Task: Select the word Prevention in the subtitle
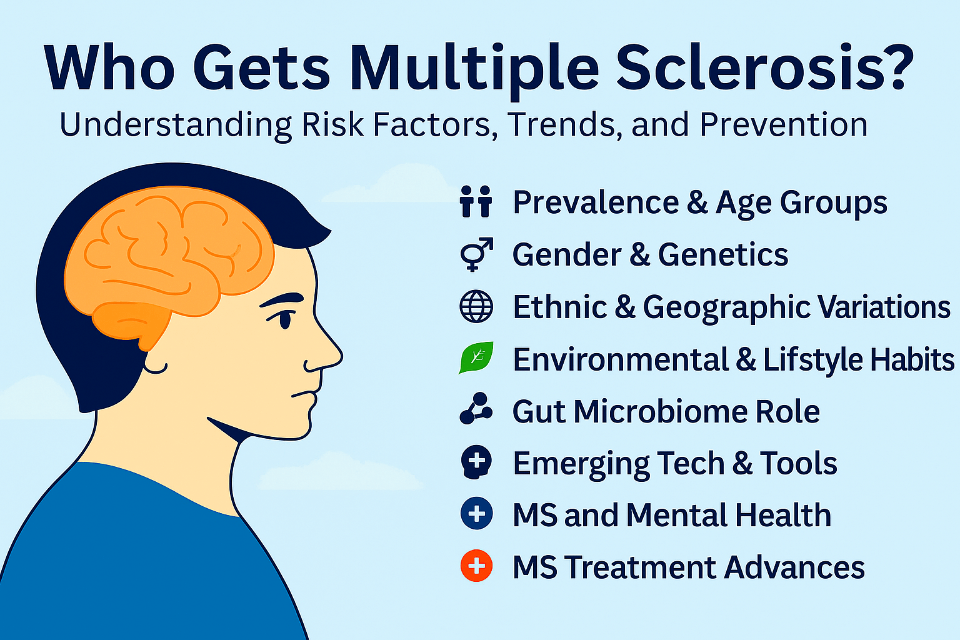pos(784,124)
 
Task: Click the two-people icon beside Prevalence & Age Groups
pos(476,201)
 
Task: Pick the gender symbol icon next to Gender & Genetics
pos(476,254)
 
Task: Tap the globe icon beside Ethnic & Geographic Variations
pos(476,306)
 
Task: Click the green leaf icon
pos(476,357)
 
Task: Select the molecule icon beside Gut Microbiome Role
pos(476,409)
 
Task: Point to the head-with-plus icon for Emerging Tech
pos(476,462)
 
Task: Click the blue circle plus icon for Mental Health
pos(477,514)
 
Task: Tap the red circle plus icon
pos(477,566)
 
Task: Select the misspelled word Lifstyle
pos(813,359)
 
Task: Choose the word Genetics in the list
pos(723,254)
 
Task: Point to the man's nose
pos(326,349)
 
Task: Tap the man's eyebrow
pos(282,299)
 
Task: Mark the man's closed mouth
pos(305,394)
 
